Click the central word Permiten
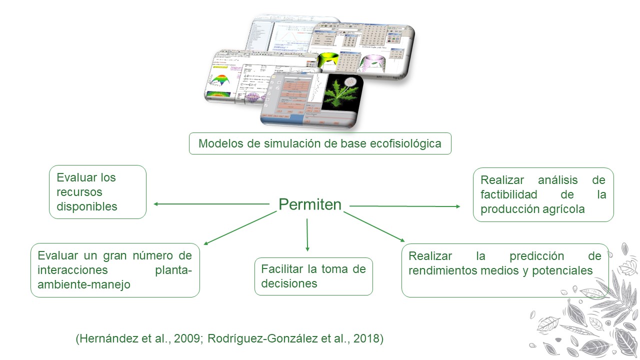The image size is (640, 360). tap(310, 204)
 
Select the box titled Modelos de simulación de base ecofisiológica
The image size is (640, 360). tap(320, 143)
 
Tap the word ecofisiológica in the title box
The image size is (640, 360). tap(405, 144)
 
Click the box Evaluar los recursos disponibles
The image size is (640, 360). tap(97, 192)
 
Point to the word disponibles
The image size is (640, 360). tap(87, 206)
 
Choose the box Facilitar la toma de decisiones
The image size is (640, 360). tap(313, 276)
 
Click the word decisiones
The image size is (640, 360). tap(289, 283)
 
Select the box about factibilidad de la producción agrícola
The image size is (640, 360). tap(543, 194)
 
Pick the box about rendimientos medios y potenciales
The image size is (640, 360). tap(505, 270)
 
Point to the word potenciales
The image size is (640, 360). tap(564, 270)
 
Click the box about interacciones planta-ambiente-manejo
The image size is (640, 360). tap(115, 270)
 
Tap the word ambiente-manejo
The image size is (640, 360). tap(84, 284)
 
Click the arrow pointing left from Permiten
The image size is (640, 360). tap(210, 204)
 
